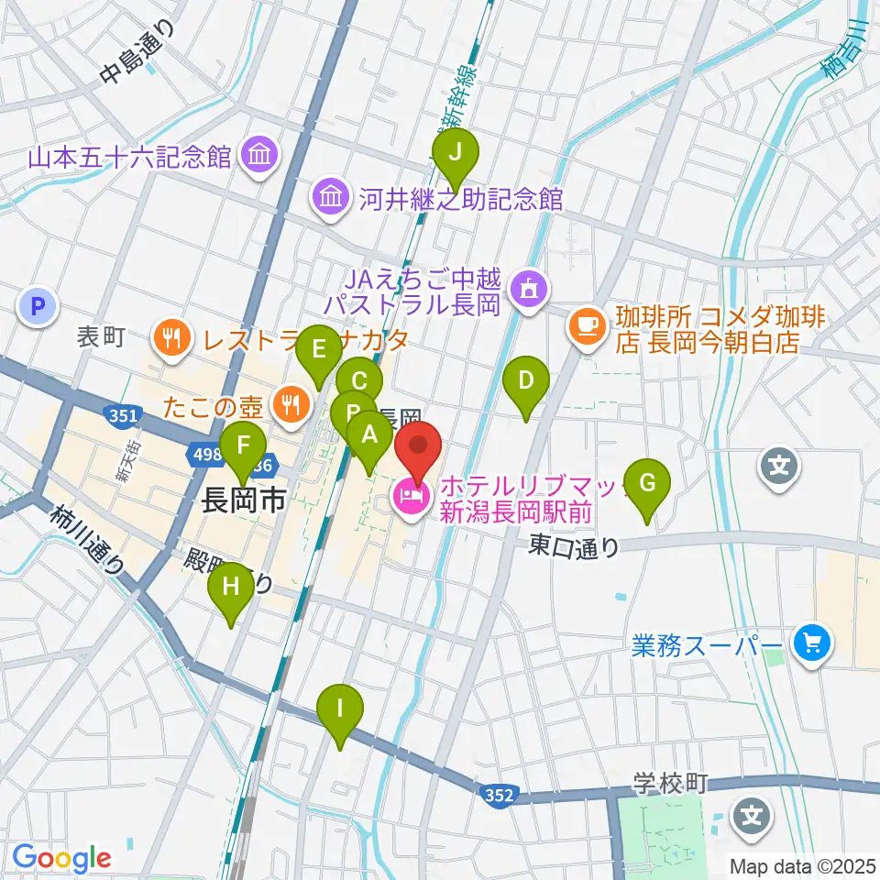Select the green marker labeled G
pyautogui.click(x=647, y=483)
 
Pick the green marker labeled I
pyautogui.click(x=340, y=709)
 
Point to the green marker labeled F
pyautogui.click(x=244, y=446)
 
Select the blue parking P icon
pyautogui.click(x=37, y=308)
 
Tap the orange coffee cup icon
pyautogui.click(x=587, y=323)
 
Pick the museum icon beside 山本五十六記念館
pyautogui.click(x=258, y=155)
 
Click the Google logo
pyautogui.click(x=61, y=857)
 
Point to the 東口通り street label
pyautogui.click(x=573, y=546)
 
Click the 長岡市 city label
pyautogui.click(x=243, y=500)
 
